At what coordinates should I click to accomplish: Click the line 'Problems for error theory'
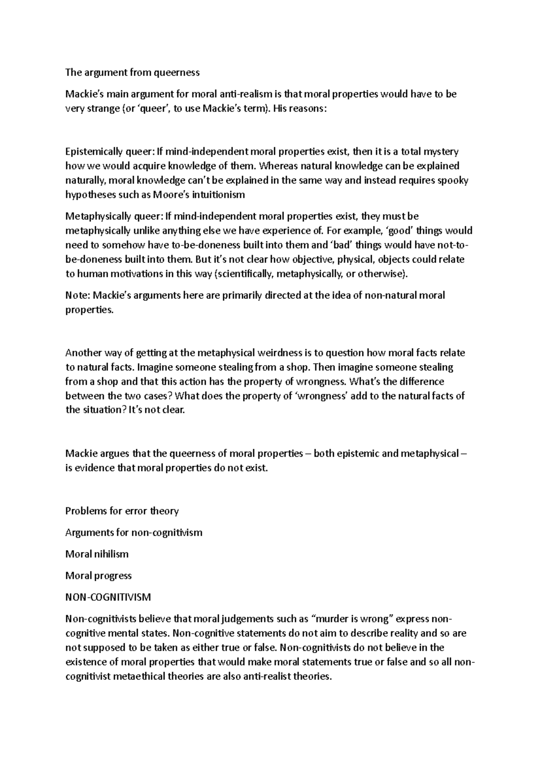(122, 511)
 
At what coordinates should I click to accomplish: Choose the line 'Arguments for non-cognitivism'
(134, 533)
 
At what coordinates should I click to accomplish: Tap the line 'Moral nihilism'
(97, 554)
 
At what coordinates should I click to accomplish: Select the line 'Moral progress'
(99, 576)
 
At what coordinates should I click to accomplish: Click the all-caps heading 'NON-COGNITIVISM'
(108, 598)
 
